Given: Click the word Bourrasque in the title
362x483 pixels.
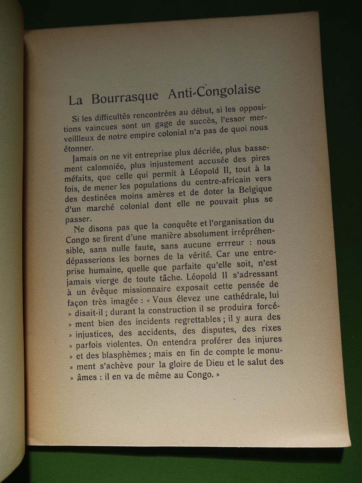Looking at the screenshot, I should click(x=125, y=97).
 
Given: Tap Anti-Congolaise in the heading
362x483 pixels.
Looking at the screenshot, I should click(x=214, y=91).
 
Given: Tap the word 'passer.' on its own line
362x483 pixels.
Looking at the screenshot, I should click(x=78, y=219).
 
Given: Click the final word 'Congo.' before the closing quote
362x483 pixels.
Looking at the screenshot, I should click(x=200, y=375).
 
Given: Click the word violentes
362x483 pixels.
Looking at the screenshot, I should click(x=123, y=344).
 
